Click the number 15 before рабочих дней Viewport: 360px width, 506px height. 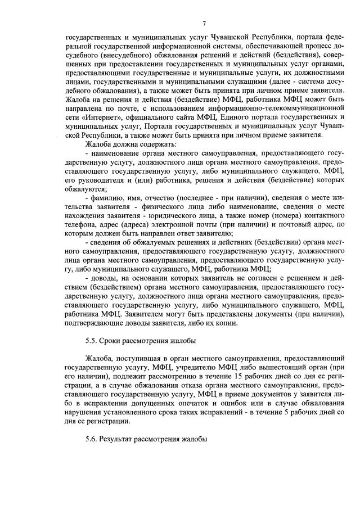click(x=238, y=373)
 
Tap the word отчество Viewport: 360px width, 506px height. click(x=159, y=198)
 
